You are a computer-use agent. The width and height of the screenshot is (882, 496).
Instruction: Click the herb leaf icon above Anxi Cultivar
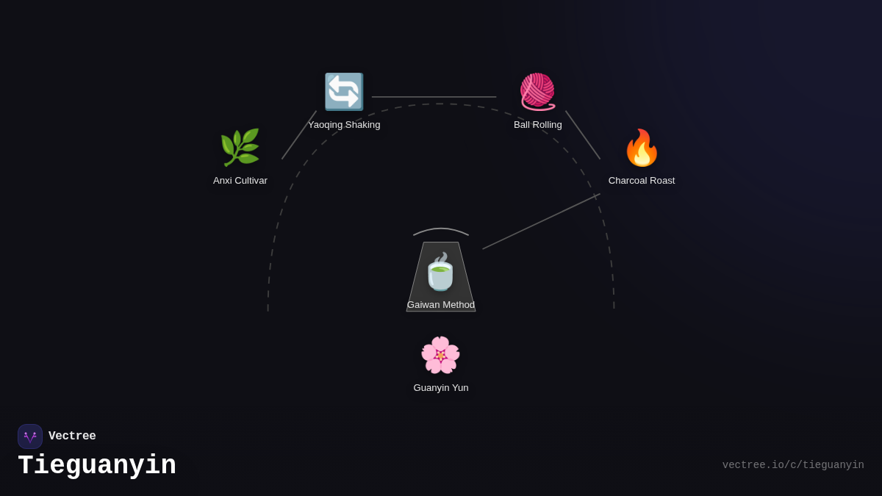click(240, 148)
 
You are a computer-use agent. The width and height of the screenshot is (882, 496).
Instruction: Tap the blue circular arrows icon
click(344, 92)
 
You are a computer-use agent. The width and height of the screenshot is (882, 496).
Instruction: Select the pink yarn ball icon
click(537, 92)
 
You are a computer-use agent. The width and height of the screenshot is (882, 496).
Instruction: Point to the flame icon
click(642, 148)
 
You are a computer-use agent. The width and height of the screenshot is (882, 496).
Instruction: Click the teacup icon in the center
click(440, 273)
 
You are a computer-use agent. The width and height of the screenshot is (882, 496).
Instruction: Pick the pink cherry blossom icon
click(440, 355)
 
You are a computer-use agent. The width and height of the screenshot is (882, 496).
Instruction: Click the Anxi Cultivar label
click(240, 181)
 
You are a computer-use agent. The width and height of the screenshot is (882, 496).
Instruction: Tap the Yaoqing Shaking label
click(344, 125)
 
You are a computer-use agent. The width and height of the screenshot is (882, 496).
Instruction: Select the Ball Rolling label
click(538, 125)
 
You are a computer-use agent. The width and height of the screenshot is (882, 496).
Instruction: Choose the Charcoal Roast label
click(642, 181)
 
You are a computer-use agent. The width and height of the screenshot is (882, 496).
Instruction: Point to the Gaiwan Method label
click(441, 305)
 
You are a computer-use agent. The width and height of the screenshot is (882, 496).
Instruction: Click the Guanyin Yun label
click(441, 388)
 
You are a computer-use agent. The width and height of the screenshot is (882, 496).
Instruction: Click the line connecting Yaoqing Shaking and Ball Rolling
click(434, 97)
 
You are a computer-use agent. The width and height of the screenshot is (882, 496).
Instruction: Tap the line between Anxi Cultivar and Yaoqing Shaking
click(299, 135)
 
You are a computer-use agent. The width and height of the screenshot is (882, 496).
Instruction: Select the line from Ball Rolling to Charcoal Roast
click(583, 135)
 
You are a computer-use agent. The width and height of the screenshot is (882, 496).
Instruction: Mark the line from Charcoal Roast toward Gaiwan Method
click(541, 221)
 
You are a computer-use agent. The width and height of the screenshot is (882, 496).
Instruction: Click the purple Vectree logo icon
click(30, 436)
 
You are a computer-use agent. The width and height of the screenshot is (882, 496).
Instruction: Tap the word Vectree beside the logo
click(72, 436)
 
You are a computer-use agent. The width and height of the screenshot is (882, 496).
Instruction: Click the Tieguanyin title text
click(97, 466)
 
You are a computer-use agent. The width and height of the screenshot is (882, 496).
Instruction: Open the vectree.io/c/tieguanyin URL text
click(793, 465)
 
